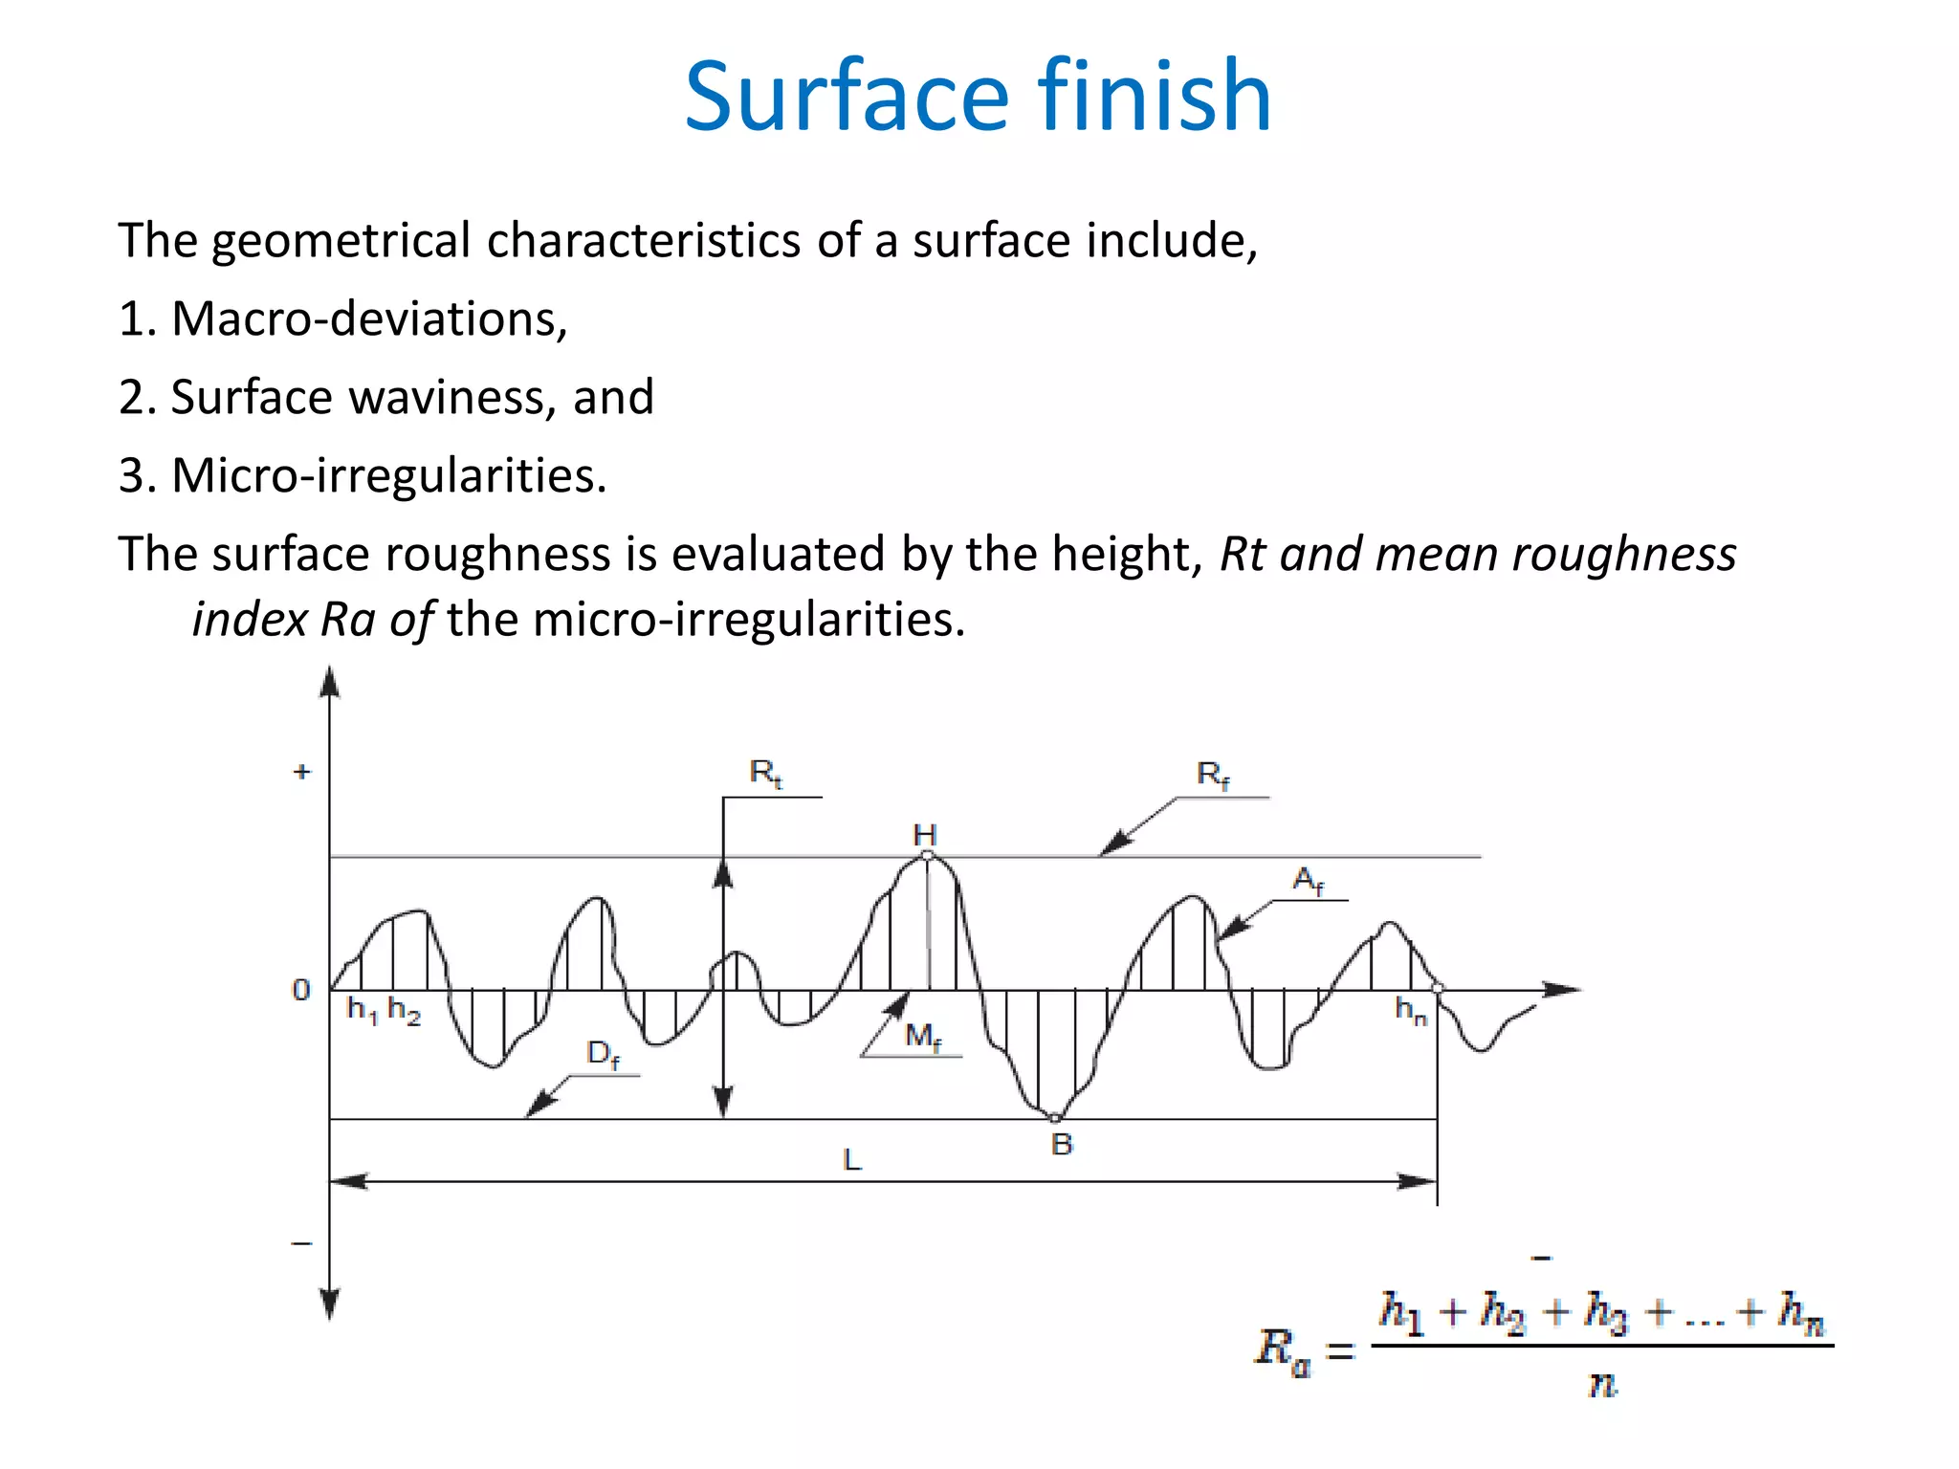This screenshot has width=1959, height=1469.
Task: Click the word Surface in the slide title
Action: point(847,97)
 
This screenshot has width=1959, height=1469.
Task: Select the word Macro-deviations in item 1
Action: point(369,318)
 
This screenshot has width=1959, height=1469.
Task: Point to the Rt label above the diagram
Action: point(766,773)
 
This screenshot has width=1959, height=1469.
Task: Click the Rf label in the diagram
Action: point(1213,775)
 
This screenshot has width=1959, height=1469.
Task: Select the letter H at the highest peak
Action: point(925,835)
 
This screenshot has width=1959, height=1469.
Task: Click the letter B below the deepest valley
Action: point(1062,1144)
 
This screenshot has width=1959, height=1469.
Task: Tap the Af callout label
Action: point(1309,881)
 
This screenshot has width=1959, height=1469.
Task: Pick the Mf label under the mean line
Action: point(923,1037)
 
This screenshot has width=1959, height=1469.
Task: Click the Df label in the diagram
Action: point(604,1055)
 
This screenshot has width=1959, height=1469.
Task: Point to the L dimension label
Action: point(852,1160)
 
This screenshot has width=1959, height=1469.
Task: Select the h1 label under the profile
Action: point(362,1010)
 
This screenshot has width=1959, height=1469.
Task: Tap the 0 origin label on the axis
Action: point(301,990)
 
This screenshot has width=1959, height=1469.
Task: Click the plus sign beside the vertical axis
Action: point(302,772)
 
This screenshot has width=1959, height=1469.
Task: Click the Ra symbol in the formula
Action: point(1282,1350)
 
